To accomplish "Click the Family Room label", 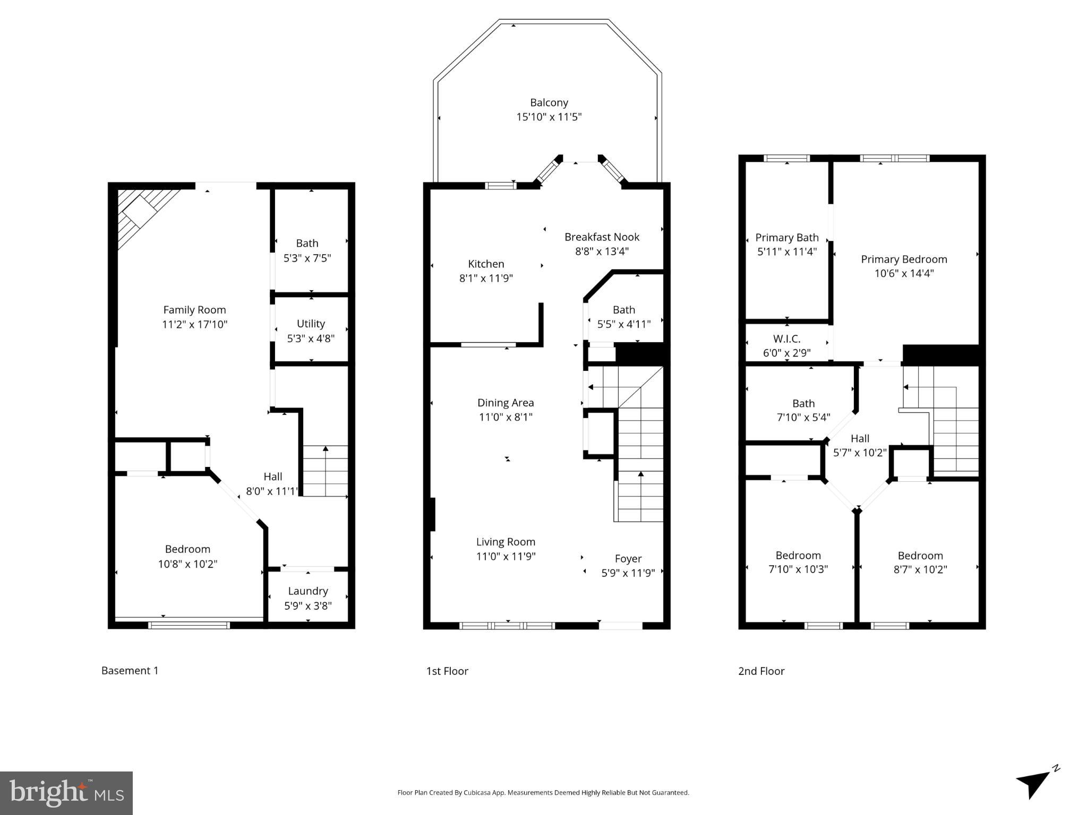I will tap(194, 310).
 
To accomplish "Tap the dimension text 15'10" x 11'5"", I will tap(549, 117).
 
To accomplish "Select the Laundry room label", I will tap(308, 591).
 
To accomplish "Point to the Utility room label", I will tap(311, 324).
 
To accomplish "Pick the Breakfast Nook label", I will tap(602, 237).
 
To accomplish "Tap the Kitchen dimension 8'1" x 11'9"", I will tap(486, 278).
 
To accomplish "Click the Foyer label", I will tap(628, 559).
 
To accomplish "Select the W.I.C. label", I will tap(786, 339).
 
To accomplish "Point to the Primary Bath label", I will tap(786, 238).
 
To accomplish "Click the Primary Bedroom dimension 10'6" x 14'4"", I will tap(904, 273).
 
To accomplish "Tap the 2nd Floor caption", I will tap(761, 671).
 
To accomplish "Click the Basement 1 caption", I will tap(130, 671).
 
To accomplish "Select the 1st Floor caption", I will tap(447, 671).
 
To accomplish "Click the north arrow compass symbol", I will tap(1034, 784).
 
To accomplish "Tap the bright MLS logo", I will tap(66, 793).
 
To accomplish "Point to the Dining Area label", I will tap(505, 403).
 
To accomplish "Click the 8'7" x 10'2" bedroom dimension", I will tap(920, 570).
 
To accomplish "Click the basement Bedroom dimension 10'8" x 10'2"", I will tap(187, 564).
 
